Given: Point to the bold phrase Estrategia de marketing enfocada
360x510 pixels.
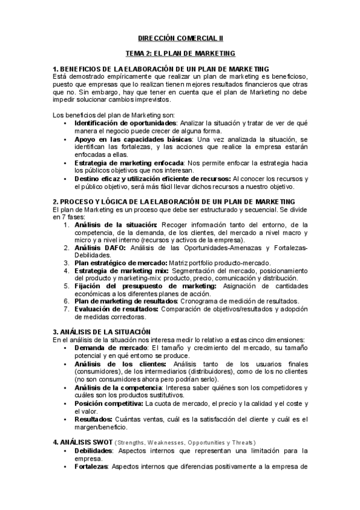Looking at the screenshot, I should pyautogui.click(x=125, y=163).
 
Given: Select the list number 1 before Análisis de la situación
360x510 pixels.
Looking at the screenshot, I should pyautogui.click(x=67, y=225).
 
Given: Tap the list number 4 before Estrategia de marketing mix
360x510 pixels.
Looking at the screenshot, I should pyautogui.click(x=67, y=271).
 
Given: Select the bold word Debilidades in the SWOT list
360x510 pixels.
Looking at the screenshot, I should pyautogui.click(x=94, y=450).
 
